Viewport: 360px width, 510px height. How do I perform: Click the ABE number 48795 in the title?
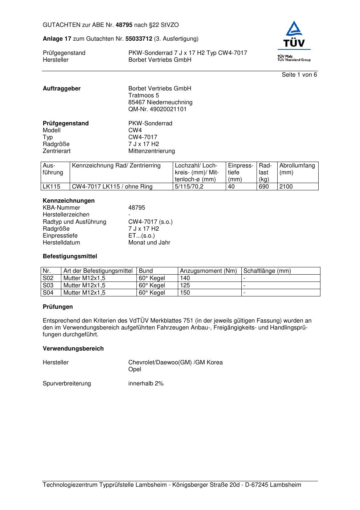pyautogui.click(x=124, y=25)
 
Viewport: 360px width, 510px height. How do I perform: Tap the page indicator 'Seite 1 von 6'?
pyautogui.click(x=299, y=75)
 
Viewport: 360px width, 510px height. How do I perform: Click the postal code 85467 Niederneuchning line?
pyautogui.click(x=160, y=102)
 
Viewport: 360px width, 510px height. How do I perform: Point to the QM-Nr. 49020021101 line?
pyautogui.click(x=157, y=109)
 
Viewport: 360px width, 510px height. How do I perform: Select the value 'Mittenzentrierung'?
pyautogui.click(x=152, y=151)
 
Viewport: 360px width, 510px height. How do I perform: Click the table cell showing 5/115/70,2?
pyautogui.click(x=189, y=187)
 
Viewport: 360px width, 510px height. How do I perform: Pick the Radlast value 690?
pyautogui.click(x=264, y=187)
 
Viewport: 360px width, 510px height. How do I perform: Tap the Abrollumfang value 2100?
pyautogui.click(x=286, y=187)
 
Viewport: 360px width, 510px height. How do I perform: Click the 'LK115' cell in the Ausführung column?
pyautogui.click(x=51, y=187)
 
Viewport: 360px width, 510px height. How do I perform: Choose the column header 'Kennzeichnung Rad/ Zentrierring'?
pyautogui.click(x=116, y=166)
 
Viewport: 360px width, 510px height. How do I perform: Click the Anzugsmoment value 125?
pyautogui.click(x=185, y=286)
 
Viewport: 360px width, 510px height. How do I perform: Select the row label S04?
pyautogui.click(x=48, y=293)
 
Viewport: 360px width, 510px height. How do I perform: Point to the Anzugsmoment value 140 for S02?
pyautogui.click(x=185, y=278)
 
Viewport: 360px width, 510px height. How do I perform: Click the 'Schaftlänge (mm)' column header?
pyautogui.click(x=267, y=271)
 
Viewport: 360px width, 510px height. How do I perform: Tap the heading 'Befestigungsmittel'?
pyautogui.click(x=70, y=256)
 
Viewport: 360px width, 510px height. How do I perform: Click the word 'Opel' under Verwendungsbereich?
pyautogui.click(x=135, y=369)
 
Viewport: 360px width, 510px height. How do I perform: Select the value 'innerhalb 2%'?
pyautogui.click(x=146, y=384)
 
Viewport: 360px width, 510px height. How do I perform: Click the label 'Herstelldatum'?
pyautogui.click(x=61, y=243)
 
